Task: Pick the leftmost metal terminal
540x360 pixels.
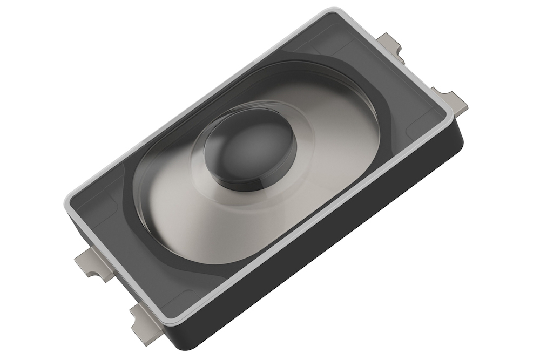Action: pos(86,263)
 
